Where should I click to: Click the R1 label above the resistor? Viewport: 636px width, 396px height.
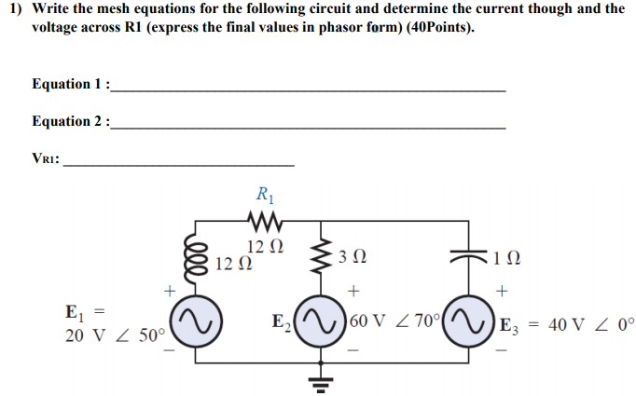[264, 196]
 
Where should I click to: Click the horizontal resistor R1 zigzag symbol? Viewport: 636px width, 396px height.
[264, 222]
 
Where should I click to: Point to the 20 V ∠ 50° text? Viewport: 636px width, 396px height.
[115, 335]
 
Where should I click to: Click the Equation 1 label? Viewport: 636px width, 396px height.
[71, 84]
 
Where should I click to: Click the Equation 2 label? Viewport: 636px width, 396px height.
[71, 121]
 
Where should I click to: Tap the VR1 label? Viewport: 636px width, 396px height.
[46, 158]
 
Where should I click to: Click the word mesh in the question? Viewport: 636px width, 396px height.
[122, 8]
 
